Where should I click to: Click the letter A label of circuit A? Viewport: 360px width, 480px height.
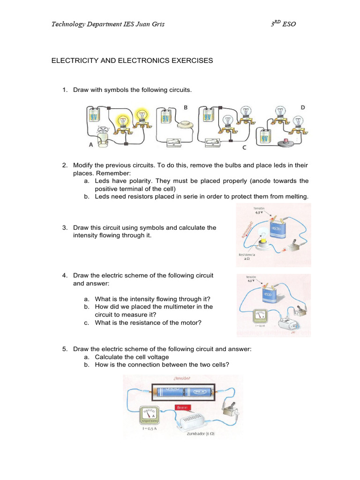coord(90,145)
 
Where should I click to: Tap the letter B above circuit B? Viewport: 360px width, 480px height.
coord(186,107)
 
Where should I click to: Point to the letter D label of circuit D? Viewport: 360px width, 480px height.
coord(303,107)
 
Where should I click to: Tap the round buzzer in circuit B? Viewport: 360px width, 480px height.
coord(186,124)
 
